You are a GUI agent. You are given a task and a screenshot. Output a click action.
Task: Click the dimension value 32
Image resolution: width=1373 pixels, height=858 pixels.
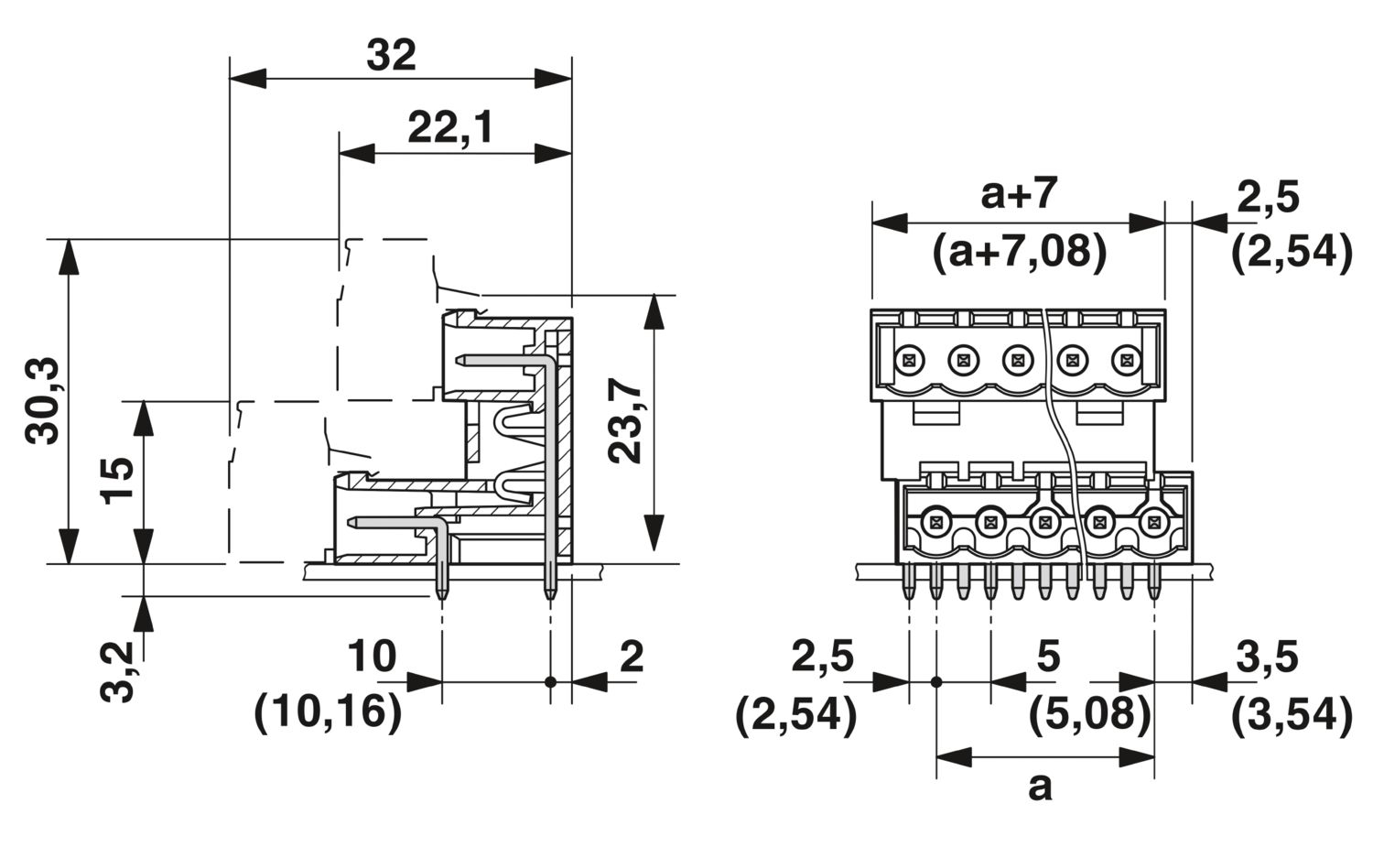[392, 56]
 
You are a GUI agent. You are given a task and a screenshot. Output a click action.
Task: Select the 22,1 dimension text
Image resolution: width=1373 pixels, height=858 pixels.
[449, 129]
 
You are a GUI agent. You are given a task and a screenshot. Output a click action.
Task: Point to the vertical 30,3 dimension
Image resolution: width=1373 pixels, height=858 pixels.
[42, 401]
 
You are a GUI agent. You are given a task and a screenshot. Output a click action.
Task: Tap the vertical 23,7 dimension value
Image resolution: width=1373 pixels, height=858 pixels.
[626, 422]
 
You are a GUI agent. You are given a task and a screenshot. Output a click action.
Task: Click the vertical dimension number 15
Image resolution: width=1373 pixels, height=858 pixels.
[117, 481]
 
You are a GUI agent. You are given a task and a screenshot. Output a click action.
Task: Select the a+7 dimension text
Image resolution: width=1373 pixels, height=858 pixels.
[1019, 194]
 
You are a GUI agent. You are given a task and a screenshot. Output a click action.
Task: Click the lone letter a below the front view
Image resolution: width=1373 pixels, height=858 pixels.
[1040, 786]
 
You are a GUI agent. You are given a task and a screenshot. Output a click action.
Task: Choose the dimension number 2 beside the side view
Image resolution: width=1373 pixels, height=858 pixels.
[632, 657]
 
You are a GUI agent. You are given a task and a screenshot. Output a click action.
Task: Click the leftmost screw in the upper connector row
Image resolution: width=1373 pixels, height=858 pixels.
[909, 359]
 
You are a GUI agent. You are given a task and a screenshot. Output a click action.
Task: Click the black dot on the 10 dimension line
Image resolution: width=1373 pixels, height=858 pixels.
[550, 682]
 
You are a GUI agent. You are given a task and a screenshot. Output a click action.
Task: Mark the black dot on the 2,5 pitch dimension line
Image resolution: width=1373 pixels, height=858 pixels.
[935, 682]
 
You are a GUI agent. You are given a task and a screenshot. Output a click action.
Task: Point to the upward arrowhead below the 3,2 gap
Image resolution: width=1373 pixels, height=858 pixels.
[144, 613]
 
